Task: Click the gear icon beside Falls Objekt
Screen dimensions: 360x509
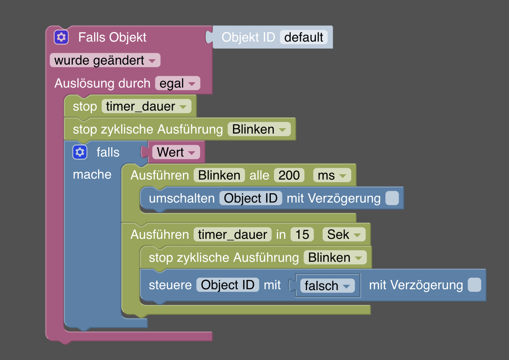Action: (x=61, y=37)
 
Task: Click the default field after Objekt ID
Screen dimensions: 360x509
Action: (x=304, y=37)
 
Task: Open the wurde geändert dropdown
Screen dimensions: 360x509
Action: (x=105, y=61)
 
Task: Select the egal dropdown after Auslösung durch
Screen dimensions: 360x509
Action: (x=177, y=84)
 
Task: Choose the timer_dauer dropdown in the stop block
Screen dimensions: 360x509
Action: (x=146, y=107)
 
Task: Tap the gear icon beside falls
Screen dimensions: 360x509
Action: (x=80, y=152)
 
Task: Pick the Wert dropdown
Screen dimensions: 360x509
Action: (x=176, y=153)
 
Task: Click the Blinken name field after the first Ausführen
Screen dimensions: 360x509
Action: (x=219, y=176)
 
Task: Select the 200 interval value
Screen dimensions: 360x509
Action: (x=289, y=176)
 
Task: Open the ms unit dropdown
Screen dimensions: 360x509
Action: (x=332, y=176)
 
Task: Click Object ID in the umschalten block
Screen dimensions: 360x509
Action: (x=251, y=199)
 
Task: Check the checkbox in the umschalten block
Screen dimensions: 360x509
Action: (x=392, y=199)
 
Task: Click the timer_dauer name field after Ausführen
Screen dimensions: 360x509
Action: (x=232, y=234)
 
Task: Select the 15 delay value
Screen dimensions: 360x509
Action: (x=302, y=234)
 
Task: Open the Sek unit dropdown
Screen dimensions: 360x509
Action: (x=344, y=234)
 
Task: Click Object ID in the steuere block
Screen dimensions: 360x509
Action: (x=228, y=285)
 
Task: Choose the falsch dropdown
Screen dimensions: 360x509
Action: (x=327, y=286)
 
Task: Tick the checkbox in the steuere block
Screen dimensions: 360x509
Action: (x=475, y=285)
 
